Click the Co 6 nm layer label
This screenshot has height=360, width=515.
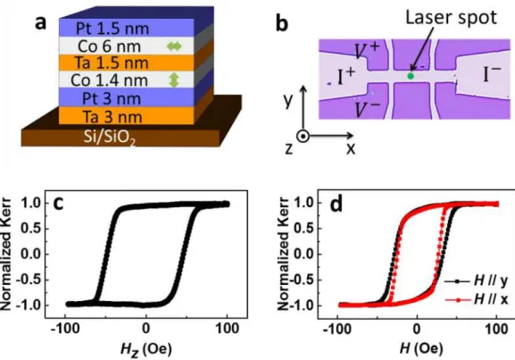click(x=109, y=46)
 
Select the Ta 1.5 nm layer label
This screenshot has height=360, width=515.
click(x=111, y=63)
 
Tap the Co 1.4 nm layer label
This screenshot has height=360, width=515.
click(x=109, y=80)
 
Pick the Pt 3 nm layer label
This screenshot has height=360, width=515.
click(x=112, y=98)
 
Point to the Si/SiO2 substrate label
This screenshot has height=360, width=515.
click(x=110, y=137)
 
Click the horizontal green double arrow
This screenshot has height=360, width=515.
click(x=174, y=46)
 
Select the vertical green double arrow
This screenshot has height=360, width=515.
click(x=174, y=80)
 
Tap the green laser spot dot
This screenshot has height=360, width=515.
click(x=411, y=76)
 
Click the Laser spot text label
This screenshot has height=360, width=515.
click(x=451, y=17)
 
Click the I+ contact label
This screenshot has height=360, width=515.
click(x=346, y=76)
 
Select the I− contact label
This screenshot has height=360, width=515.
click(x=493, y=74)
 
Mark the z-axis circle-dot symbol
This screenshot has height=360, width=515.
click(x=303, y=136)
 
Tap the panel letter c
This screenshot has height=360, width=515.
click(x=58, y=204)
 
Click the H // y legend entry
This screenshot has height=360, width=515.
click(x=477, y=281)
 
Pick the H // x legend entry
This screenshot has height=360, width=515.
click(x=477, y=299)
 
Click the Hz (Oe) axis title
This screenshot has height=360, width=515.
click(x=146, y=348)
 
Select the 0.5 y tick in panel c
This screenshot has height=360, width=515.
click(x=31, y=229)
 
